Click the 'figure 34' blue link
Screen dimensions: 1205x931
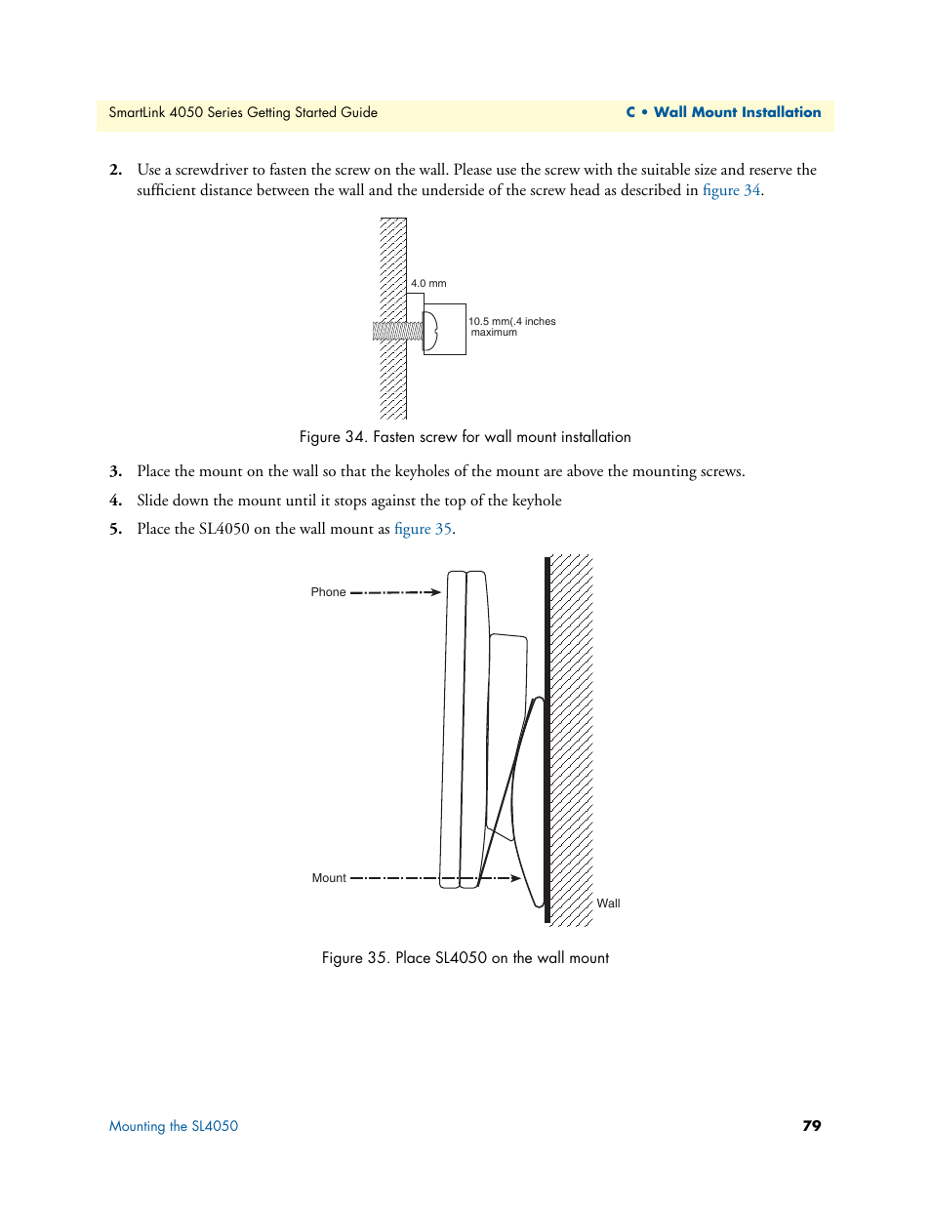731,190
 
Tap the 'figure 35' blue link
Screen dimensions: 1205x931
423,529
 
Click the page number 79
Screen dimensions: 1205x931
811,1126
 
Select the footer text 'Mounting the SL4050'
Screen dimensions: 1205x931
174,1126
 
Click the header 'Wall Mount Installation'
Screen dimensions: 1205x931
737,112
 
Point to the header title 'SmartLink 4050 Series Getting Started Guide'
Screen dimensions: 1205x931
243,112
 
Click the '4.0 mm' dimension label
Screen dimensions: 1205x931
428,284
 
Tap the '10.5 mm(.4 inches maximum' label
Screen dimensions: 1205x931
511,327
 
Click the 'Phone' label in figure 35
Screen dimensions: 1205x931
328,592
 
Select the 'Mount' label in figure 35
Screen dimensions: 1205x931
329,878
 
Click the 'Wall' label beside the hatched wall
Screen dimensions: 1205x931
608,904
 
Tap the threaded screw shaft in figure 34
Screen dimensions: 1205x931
397,332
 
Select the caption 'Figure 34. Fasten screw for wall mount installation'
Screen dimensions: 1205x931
465,437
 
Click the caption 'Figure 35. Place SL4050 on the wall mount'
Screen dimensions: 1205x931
465,958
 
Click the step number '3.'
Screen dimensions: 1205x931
115,471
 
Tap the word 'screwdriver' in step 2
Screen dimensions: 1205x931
212,170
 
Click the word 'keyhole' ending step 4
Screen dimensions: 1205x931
537,501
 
